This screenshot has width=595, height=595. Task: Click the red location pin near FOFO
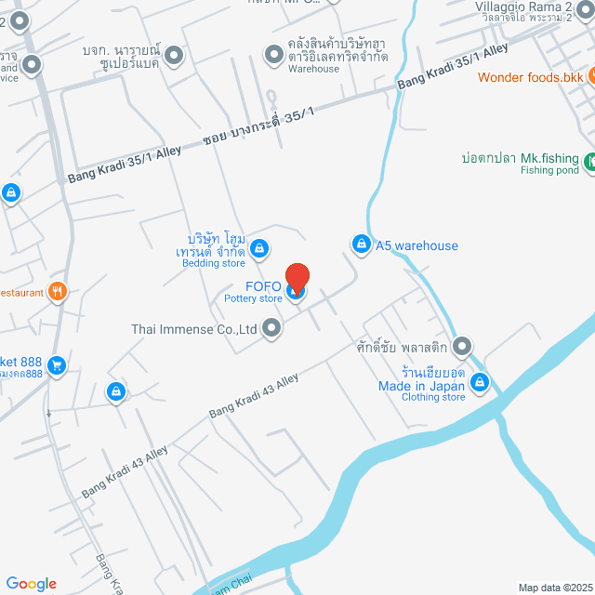[x=297, y=278]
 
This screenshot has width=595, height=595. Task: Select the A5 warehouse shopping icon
[x=360, y=243]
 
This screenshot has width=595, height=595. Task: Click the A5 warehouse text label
[x=416, y=245]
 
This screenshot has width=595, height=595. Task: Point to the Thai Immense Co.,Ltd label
[x=193, y=328]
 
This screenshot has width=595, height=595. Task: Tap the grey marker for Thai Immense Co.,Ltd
[x=271, y=327]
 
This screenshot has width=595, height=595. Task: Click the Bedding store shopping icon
[x=259, y=248]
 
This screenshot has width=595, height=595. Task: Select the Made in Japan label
[x=421, y=386]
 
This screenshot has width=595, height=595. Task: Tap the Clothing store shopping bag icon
[x=480, y=381]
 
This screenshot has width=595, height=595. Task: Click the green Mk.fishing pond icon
[x=591, y=163]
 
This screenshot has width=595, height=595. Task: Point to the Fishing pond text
[x=549, y=171]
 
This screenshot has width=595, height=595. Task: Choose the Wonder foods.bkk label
[x=531, y=77]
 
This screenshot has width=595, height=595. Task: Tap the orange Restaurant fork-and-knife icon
[x=58, y=292]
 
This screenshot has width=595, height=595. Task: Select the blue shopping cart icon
[x=57, y=365]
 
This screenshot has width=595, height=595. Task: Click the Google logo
[x=31, y=584]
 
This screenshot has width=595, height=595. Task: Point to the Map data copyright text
[x=554, y=588]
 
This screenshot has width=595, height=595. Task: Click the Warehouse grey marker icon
[x=273, y=56]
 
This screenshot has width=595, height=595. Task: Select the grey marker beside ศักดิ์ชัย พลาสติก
[x=463, y=346]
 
